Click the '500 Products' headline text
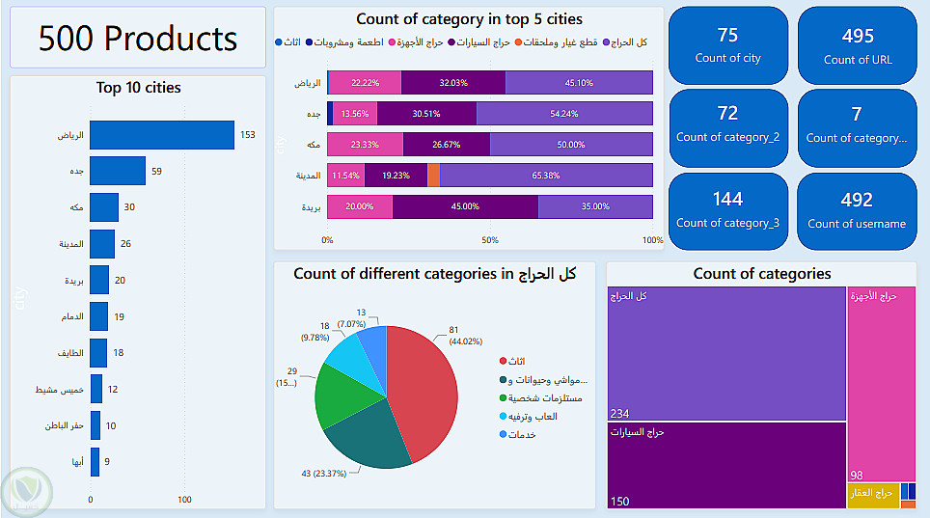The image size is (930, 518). coord(138,39)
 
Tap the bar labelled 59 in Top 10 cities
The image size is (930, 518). coord(118,172)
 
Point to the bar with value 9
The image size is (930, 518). coord(95,462)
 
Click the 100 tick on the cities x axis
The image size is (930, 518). coord(184,500)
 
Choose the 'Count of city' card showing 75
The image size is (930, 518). coord(727,44)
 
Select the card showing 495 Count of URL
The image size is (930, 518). coord(857,44)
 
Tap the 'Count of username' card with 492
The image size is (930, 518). coord(857,210)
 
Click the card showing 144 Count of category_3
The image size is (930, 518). coord(727,210)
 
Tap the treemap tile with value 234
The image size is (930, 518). coord(726,352)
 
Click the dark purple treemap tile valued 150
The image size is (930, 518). coord(726,464)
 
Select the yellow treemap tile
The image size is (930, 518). coord(871,495)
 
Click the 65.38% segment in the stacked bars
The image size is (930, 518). coord(546,176)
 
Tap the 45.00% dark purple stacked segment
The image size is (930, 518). coord(465,206)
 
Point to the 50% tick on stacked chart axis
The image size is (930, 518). coord(490,240)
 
